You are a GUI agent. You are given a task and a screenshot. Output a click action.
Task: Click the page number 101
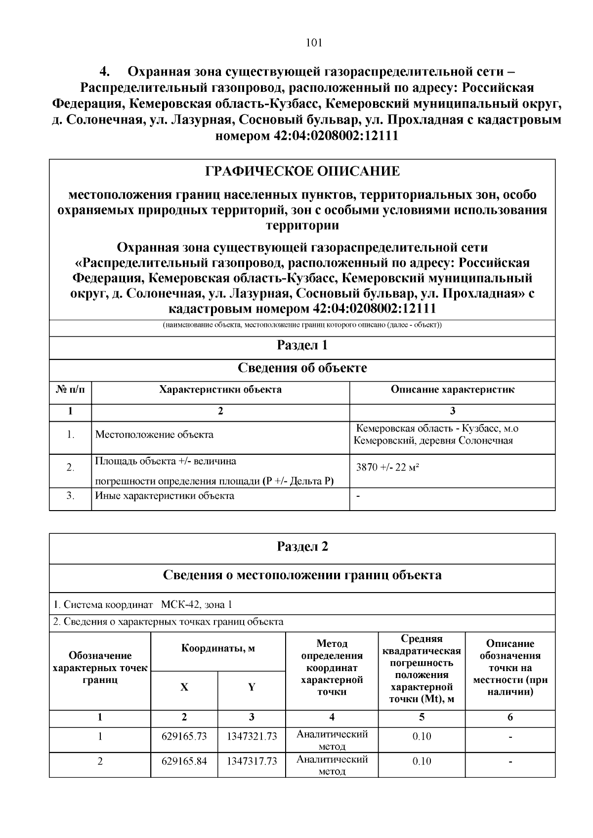(x=314, y=42)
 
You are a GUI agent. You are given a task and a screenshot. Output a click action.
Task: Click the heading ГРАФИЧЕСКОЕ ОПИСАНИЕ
(x=302, y=171)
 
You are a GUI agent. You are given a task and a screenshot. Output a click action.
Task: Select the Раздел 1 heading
(x=302, y=345)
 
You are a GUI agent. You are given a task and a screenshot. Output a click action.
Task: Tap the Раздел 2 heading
(x=302, y=546)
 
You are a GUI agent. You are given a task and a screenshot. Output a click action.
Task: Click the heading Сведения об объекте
(x=302, y=368)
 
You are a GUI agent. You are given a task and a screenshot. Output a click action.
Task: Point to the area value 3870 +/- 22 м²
(x=387, y=467)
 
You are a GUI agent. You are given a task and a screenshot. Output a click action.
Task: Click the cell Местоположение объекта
(x=154, y=435)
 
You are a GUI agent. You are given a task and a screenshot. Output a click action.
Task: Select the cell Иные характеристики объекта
(x=165, y=495)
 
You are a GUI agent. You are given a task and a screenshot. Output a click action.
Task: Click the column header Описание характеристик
(x=452, y=389)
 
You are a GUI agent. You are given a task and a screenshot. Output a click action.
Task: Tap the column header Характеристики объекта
(x=220, y=389)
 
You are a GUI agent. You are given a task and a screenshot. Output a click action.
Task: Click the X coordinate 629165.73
(x=184, y=736)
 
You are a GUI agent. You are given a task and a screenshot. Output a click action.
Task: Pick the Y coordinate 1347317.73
(x=252, y=761)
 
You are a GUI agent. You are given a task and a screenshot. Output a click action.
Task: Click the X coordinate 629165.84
(x=184, y=761)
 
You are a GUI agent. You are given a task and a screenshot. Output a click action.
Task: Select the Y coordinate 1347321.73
(x=252, y=736)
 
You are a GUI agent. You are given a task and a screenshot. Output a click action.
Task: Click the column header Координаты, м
(x=218, y=648)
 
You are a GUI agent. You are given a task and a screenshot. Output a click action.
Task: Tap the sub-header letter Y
(x=252, y=687)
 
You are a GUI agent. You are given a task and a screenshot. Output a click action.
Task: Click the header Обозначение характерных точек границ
(x=100, y=668)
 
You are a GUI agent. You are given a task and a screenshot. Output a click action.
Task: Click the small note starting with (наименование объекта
(x=302, y=325)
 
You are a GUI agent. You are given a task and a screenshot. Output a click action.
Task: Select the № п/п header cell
(x=70, y=389)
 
